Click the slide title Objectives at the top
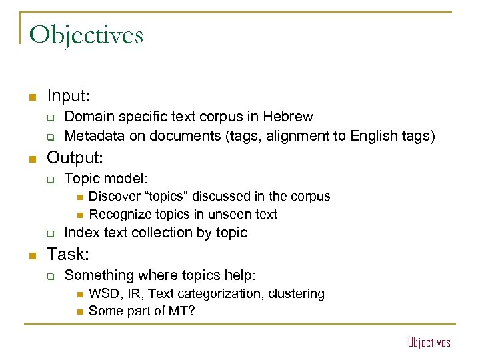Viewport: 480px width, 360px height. pos(86,35)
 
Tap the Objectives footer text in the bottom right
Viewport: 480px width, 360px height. pos(429,343)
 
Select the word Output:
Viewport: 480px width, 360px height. pos(75,158)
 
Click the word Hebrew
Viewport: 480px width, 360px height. pos(288,117)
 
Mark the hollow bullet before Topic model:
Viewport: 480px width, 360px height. pos(49,179)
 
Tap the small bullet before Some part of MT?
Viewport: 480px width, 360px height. pos(78,311)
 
